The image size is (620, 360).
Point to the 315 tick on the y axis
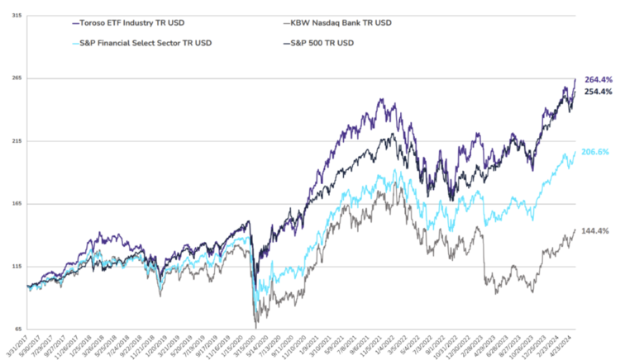tap(17, 15)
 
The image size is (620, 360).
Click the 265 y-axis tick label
tap(17, 78)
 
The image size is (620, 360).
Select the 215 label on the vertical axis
tap(17, 141)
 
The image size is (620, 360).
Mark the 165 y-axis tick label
tap(17, 204)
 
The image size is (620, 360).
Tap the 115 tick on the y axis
tap(17, 267)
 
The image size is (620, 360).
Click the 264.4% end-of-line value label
tap(598, 79)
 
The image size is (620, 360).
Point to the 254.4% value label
tap(598, 92)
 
